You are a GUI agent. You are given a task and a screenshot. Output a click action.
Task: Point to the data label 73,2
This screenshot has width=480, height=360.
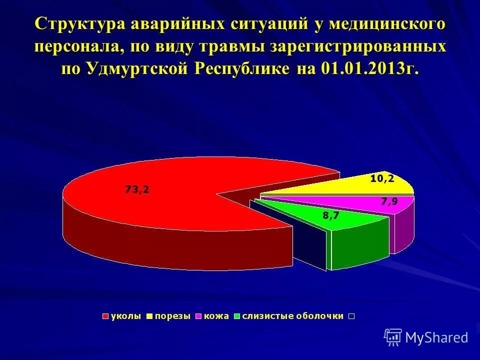(137, 189)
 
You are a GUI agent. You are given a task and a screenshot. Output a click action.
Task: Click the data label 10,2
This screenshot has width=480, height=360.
(382, 178)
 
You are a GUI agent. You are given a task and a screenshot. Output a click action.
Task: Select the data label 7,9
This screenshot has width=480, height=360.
(389, 201)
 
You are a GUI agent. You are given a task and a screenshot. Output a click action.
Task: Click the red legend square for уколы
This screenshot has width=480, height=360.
(105, 316)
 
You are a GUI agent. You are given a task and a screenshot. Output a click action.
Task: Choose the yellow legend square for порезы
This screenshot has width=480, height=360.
(149, 316)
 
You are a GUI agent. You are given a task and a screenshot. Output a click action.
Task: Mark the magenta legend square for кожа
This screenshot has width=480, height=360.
(198, 316)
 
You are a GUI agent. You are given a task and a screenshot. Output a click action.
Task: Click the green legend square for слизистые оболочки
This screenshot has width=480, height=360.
(237, 316)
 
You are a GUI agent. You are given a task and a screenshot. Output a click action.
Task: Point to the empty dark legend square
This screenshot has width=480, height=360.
(351, 316)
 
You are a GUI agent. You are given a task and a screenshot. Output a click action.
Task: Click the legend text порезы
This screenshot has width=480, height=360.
(172, 316)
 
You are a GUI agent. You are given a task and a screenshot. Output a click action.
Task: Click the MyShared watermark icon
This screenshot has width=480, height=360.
(393, 337)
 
